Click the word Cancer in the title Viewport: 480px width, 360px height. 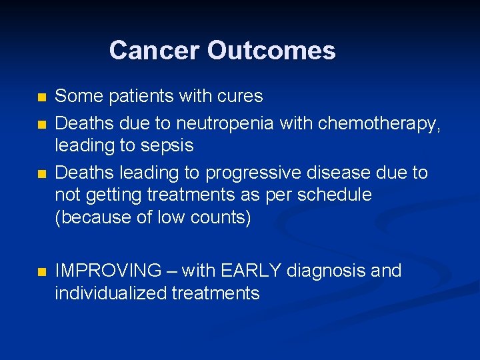pyautogui.click(x=155, y=51)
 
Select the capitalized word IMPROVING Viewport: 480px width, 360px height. pyautogui.click(x=108, y=271)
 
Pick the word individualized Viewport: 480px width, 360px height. pyautogui.click(x=110, y=293)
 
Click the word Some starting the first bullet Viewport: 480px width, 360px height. pyautogui.click(x=76, y=97)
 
